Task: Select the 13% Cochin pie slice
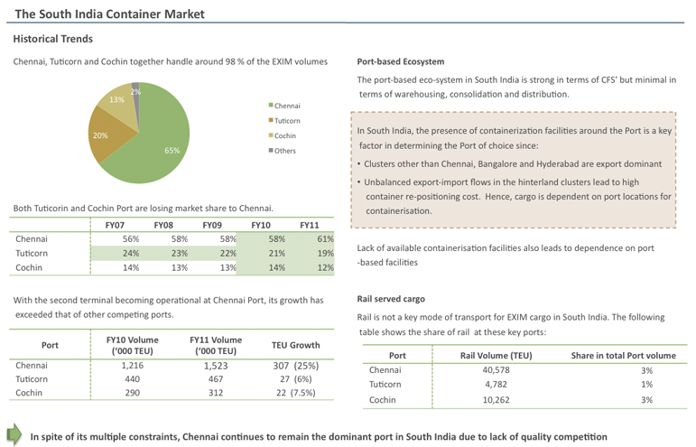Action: (x=120, y=102)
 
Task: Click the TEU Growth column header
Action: (x=295, y=345)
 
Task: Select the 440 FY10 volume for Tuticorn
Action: (x=119, y=379)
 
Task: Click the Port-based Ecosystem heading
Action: (x=401, y=62)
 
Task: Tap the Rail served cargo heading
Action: (x=391, y=298)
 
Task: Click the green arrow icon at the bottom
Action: (x=14, y=433)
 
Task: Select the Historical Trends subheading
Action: (x=52, y=39)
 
